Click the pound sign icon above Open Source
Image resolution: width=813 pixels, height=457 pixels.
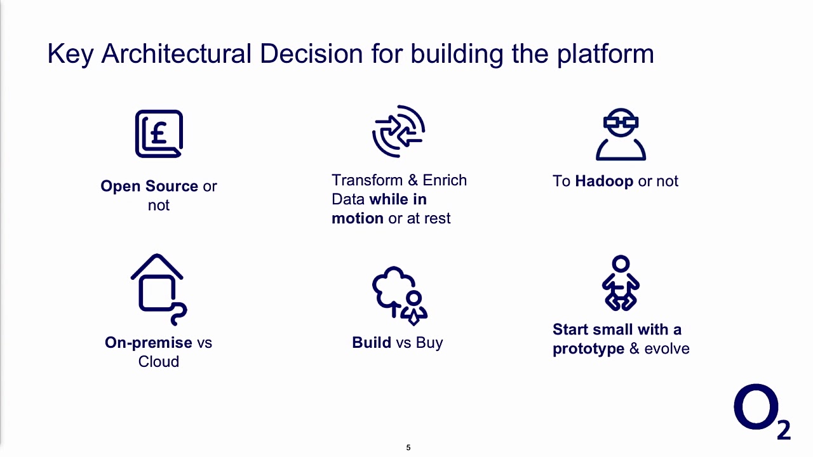click(x=159, y=134)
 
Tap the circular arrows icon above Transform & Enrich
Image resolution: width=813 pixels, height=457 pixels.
click(x=398, y=131)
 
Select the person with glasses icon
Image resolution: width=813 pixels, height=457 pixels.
click(x=621, y=135)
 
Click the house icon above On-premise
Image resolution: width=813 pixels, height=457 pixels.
click(x=158, y=289)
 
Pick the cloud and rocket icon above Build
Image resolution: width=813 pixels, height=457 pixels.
click(x=400, y=295)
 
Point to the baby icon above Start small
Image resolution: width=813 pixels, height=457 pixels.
click(x=621, y=283)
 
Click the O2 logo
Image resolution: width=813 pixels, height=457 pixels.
click(x=762, y=411)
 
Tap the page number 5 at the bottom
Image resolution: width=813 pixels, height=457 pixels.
click(x=408, y=447)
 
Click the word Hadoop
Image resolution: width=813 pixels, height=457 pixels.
click(x=603, y=181)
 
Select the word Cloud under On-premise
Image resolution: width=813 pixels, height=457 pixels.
click(x=159, y=362)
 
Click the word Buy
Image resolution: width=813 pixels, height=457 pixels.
click(x=429, y=343)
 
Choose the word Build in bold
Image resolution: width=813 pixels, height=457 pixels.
click(x=372, y=343)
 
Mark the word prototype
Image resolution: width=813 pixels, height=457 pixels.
click(x=588, y=349)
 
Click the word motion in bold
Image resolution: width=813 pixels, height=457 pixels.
click(x=357, y=218)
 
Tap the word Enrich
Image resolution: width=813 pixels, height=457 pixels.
click(x=445, y=180)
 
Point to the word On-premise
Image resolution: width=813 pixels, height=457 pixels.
click(x=149, y=343)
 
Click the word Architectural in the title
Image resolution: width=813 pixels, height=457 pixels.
click(x=177, y=54)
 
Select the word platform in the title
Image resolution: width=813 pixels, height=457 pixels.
click(x=605, y=54)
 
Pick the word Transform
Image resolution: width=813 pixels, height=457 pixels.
click(x=367, y=180)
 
